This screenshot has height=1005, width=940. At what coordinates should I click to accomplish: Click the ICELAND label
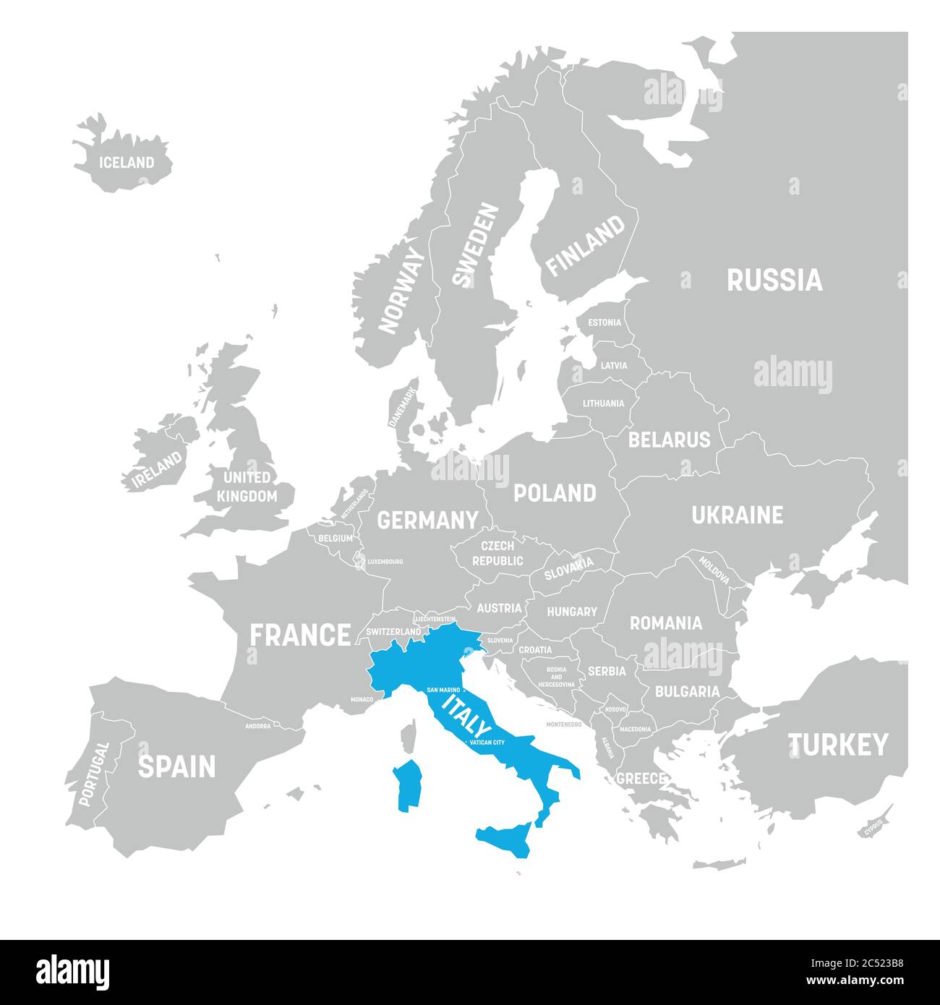point(127,163)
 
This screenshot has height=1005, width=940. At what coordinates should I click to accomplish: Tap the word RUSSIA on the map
point(774,281)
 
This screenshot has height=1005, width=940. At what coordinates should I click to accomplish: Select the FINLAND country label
point(585,246)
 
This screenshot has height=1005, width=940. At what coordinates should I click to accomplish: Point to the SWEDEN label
point(476,244)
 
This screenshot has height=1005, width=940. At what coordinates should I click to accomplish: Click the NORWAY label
point(403,290)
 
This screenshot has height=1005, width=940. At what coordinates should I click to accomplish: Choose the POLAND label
point(555,493)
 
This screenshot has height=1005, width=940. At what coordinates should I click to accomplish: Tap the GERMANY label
point(427,520)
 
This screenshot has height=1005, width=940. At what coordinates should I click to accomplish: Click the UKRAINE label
point(737,515)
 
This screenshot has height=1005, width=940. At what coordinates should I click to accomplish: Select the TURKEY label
point(837,745)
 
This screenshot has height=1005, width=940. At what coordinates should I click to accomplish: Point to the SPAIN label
point(176,766)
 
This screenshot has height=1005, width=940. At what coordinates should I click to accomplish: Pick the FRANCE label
point(300,635)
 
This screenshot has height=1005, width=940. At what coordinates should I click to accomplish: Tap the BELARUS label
point(669,439)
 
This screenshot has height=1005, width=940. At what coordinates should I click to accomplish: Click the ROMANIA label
point(665,623)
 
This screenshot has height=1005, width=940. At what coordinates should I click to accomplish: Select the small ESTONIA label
point(604,322)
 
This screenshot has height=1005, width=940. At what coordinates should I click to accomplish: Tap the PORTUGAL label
point(94,774)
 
